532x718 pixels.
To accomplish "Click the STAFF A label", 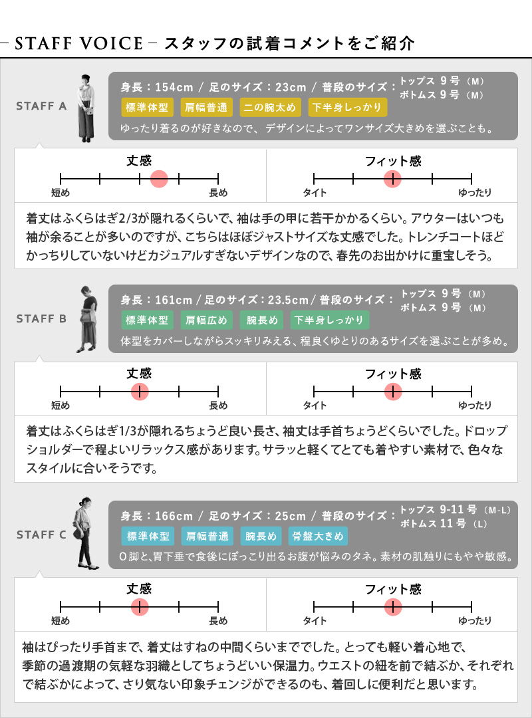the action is pos(41,106).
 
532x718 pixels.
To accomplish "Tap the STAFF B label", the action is pos(41,318).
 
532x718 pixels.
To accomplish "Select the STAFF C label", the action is pos(41,535).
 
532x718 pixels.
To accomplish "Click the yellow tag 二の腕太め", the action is pos(270,107).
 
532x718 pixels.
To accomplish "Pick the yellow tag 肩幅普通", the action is pos(206,107).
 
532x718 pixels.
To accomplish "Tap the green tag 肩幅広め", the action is pos(206,320).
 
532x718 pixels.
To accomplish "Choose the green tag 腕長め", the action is pos(262,320).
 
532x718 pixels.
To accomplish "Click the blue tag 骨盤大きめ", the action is pos(318,537).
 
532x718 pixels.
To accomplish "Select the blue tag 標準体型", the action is pos(148,537).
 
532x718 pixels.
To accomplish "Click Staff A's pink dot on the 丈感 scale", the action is pos(159,179).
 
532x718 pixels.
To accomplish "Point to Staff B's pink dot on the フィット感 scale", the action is pos(393,392).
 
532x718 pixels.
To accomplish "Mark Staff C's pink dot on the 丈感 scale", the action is pos(140,607).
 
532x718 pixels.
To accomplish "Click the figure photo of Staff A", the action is pos(86,108).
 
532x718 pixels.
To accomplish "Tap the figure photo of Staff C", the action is pos(84,533).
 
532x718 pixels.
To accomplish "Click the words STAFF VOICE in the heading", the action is pos(79,43).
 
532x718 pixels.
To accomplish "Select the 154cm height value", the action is pos(174,87).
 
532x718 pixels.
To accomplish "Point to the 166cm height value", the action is pos(174,516).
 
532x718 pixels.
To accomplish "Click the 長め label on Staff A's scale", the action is pos(218,193).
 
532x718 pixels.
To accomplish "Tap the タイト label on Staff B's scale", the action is pos(315,406).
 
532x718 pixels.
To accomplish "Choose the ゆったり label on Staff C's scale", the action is pos(475,620).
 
